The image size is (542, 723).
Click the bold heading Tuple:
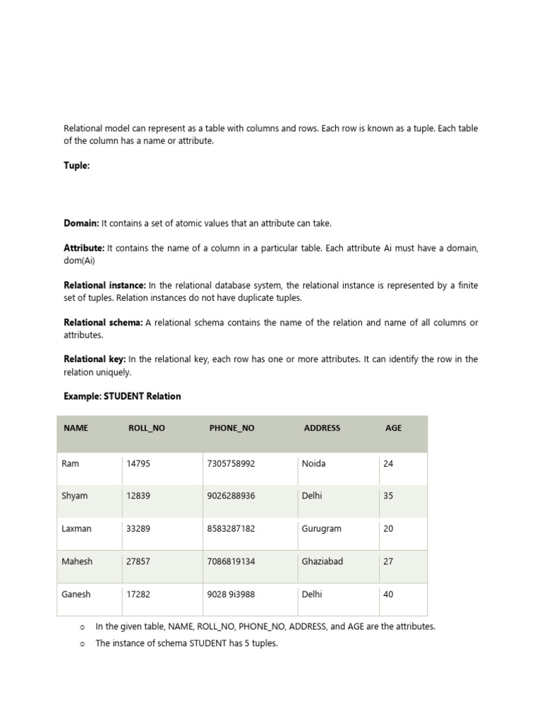77,166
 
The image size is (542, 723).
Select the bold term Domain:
82,223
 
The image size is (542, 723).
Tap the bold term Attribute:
84,249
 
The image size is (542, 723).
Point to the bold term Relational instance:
105,285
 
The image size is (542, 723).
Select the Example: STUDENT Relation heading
122,396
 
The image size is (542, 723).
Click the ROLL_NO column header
147,428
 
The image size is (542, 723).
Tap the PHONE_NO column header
232,428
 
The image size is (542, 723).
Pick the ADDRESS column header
322,428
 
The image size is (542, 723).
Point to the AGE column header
393,428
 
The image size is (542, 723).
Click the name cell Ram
71,464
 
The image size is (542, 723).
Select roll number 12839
138,496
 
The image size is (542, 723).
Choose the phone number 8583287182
231,529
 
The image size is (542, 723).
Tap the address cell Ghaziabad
323,561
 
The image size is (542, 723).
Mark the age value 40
388,594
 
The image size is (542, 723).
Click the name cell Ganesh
76,594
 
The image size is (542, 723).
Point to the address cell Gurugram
321,529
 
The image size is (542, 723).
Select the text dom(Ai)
79,261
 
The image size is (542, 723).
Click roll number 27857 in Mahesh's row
138,561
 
